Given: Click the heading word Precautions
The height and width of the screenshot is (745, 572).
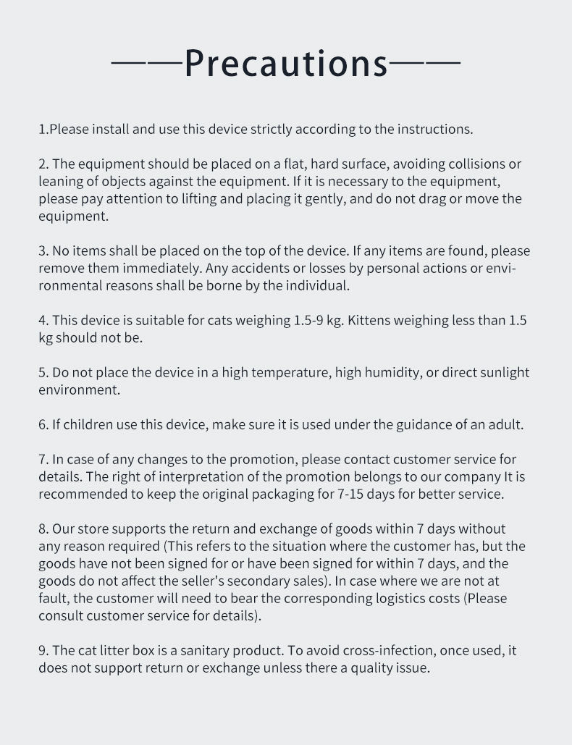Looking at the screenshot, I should pyautogui.click(x=286, y=63).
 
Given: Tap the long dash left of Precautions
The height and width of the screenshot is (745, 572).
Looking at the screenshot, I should pyautogui.click(x=146, y=64).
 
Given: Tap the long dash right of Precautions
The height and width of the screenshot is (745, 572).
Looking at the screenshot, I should pyautogui.click(x=425, y=64).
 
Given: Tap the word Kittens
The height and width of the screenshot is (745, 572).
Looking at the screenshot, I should pyautogui.click(x=371, y=321).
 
